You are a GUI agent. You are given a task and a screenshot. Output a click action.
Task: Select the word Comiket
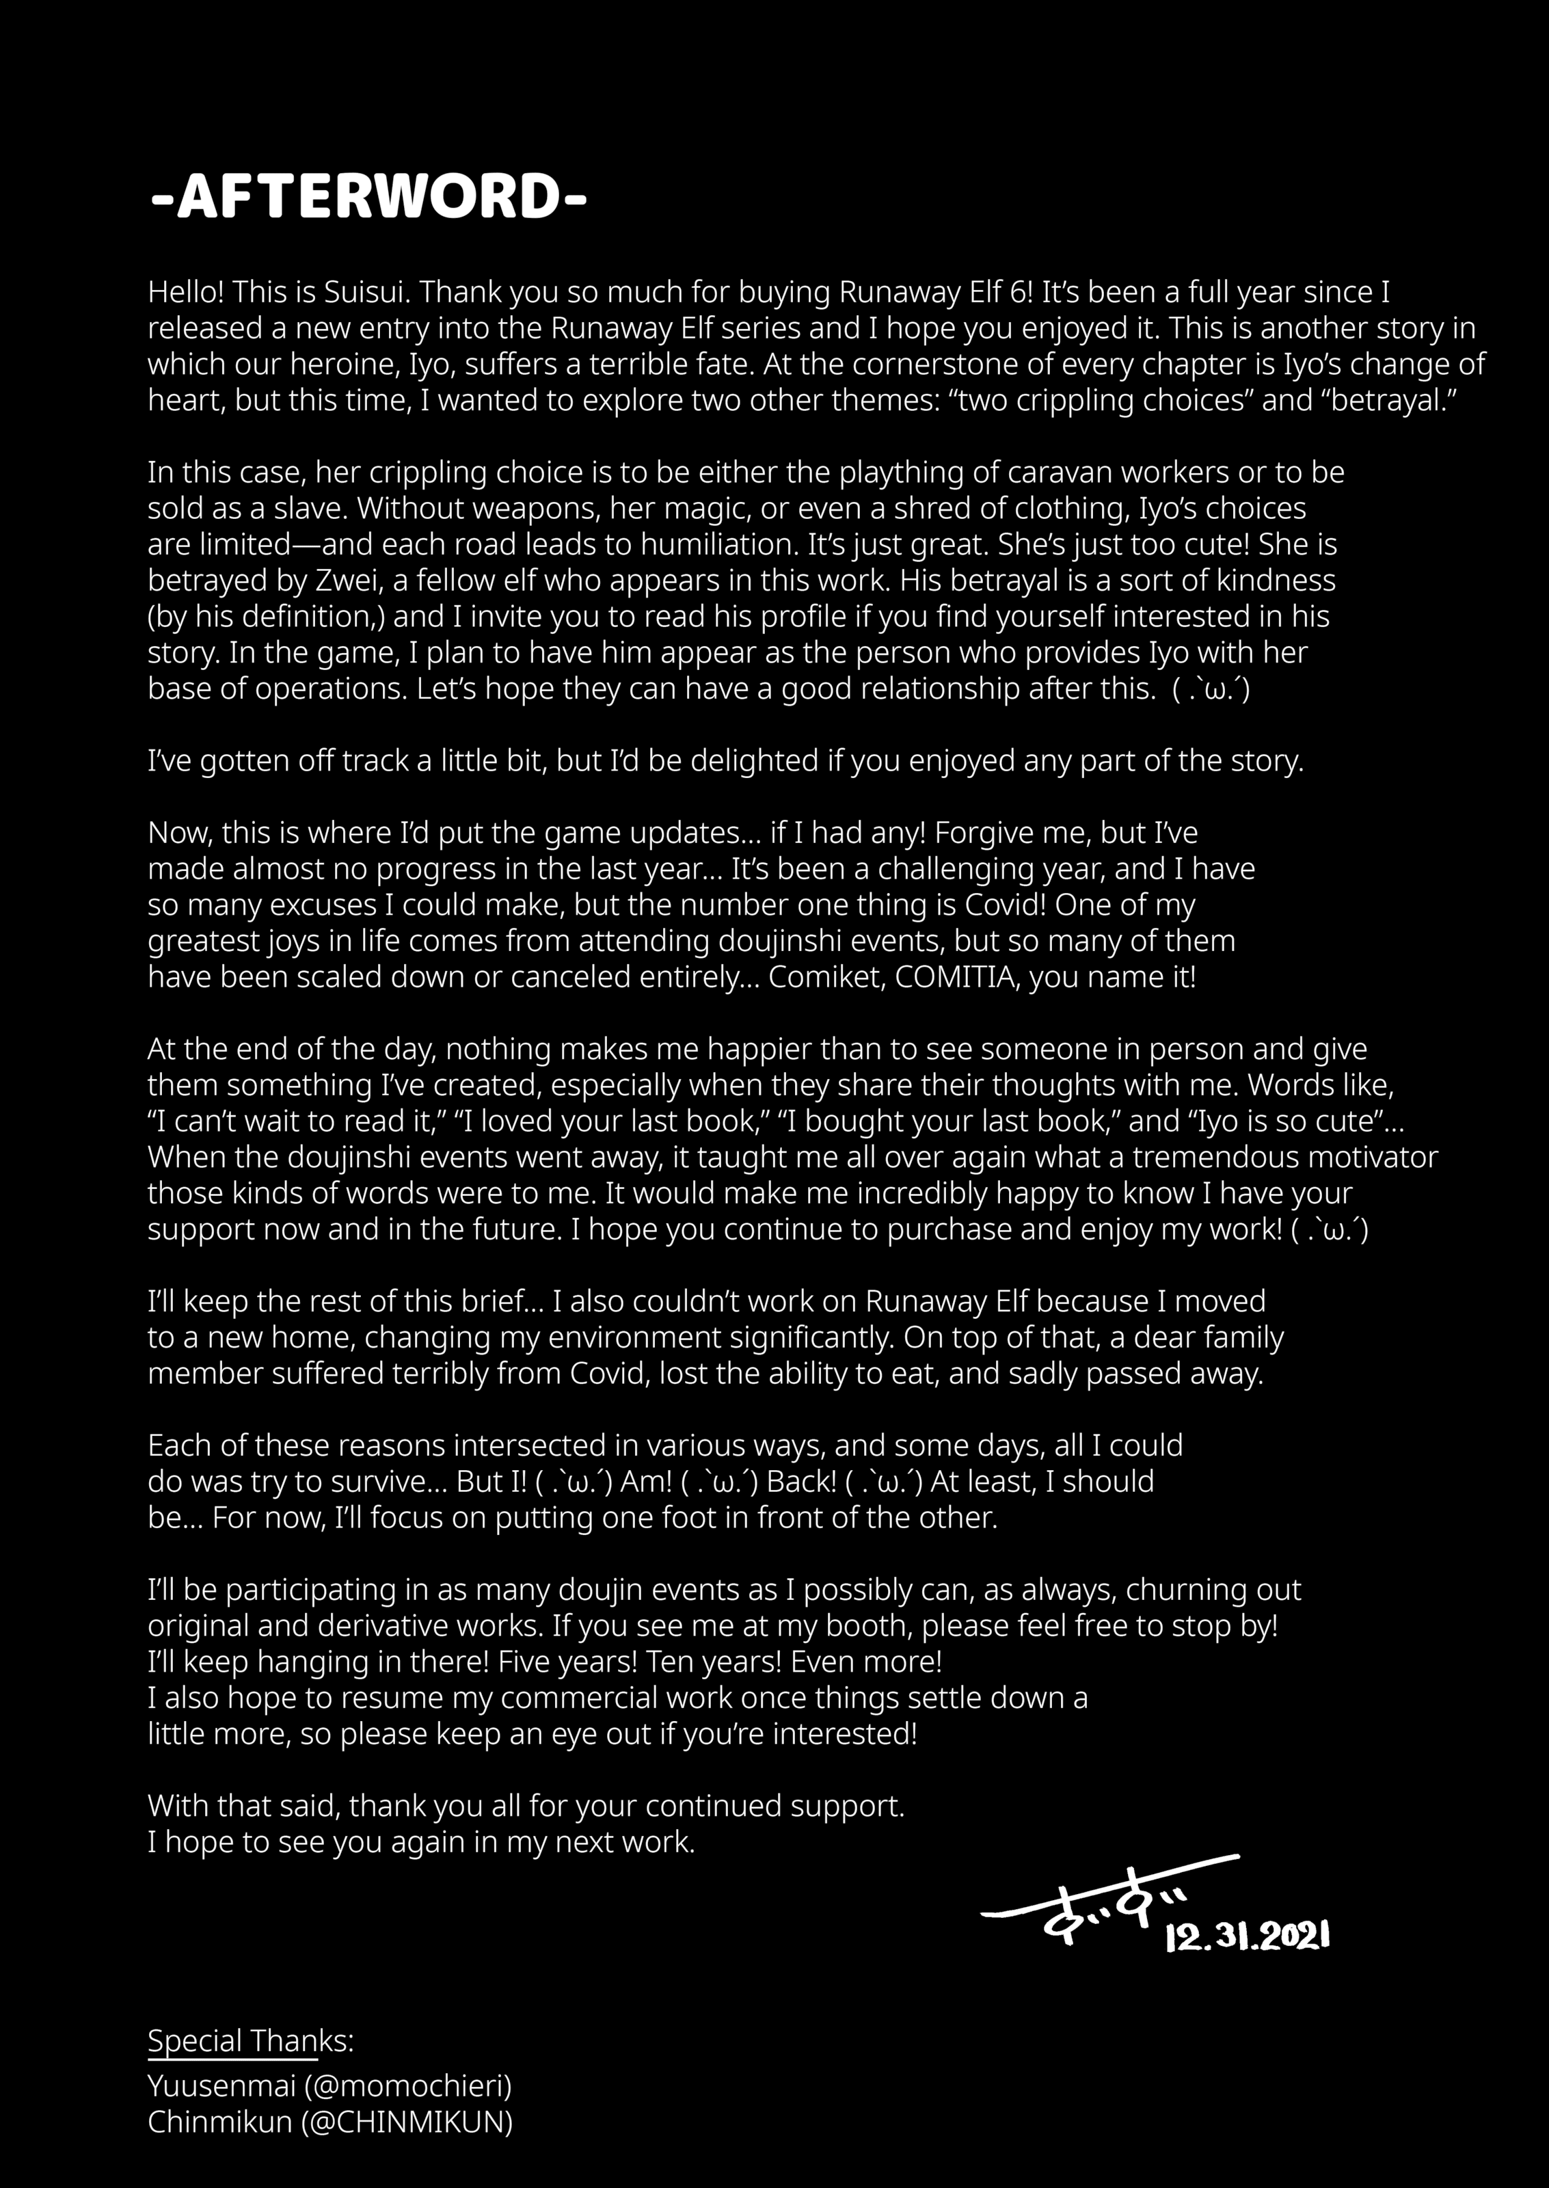coord(826,978)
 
